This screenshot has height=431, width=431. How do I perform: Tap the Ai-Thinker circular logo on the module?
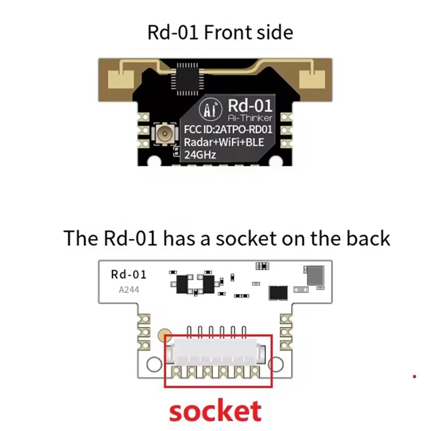pyautogui.click(x=211, y=109)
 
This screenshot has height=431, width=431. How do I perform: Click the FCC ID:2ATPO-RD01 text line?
pyautogui.click(x=228, y=130)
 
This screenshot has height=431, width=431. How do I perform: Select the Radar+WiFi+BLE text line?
pyautogui.click(x=228, y=143)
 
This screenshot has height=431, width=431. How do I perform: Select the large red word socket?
pyautogui.click(x=215, y=412)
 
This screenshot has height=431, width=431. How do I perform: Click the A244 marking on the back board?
pyautogui.click(x=128, y=290)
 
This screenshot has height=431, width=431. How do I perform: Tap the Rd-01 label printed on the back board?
pyautogui.click(x=128, y=275)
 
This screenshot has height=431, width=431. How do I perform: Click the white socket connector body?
pyautogui.click(x=218, y=354)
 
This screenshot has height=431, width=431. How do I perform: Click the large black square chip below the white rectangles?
pyautogui.click(x=279, y=293)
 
